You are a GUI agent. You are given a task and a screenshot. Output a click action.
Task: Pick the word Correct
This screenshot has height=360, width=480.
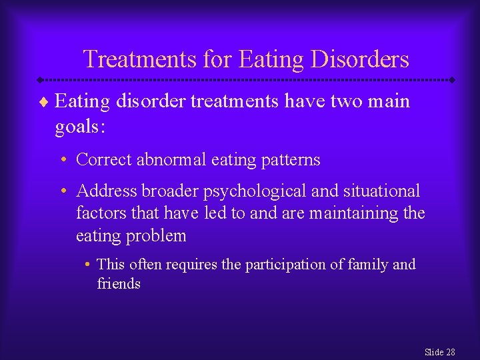tap(104, 160)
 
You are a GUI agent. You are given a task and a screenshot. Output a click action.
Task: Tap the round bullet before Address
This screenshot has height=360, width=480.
tap(61, 191)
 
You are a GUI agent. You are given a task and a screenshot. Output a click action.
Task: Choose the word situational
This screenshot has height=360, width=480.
tap(381, 191)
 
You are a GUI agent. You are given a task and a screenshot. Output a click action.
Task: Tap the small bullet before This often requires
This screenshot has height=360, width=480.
tap(88, 265)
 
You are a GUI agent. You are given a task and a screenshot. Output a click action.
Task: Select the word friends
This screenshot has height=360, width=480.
tap(119, 283)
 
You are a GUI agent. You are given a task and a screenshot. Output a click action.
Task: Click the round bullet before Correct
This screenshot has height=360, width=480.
tap(61, 160)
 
